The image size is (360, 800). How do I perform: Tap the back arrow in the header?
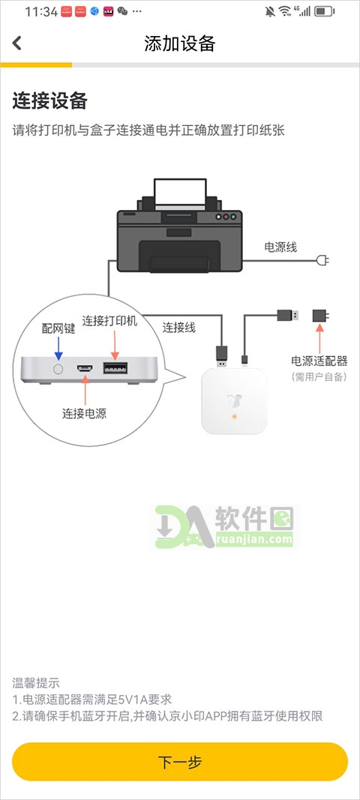click(x=17, y=43)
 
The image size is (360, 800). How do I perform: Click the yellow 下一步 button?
click(x=180, y=762)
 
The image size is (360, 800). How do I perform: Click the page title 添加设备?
click(x=180, y=43)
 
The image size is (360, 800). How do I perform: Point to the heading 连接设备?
click(x=49, y=100)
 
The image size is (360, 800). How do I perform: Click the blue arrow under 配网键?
click(x=58, y=349)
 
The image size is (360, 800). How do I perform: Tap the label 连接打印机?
click(x=110, y=322)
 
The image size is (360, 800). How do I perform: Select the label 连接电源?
click(x=84, y=413)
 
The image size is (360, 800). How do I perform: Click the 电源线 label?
click(x=280, y=247)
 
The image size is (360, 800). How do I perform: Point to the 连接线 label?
click(x=178, y=328)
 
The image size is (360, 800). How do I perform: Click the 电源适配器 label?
click(x=319, y=361)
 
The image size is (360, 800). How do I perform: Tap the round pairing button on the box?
click(x=58, y=368)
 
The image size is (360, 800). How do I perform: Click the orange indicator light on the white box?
click(x=235, y=417)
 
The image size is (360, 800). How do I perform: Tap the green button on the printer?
click(x=233, y=217)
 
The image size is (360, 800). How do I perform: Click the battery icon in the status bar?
click(x=324, y=11)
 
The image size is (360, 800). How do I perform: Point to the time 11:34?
click(x=40, y=12)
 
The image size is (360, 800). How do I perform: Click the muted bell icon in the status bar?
click(x=270, y=11)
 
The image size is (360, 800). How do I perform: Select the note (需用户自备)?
click(x=319, y=378)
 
